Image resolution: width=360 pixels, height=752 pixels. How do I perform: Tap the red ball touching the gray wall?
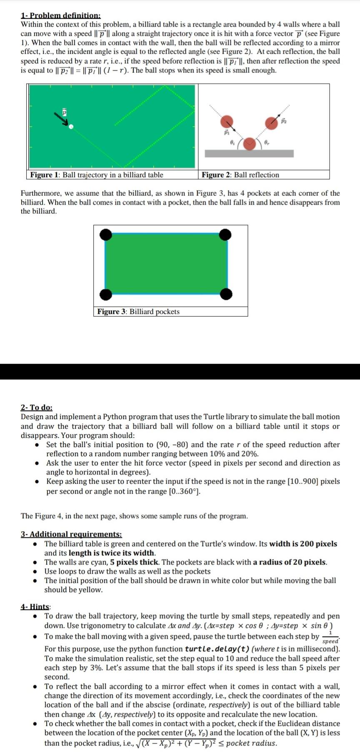tap(250, 144)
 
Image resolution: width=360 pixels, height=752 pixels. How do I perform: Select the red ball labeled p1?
tap(227, 122)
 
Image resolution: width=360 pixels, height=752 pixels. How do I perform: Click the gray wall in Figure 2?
tap(249, 153)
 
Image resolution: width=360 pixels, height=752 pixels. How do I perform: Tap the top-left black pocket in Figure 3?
tap(106, 235)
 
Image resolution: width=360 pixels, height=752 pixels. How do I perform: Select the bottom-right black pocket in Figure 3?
tap(226, 295)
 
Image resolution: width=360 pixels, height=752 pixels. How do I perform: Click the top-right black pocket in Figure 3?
tap(225, 235)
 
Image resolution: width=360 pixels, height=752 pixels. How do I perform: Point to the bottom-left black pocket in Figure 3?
tap(106, 295)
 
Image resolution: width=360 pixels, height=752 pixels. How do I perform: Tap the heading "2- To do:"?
tap(37, 407)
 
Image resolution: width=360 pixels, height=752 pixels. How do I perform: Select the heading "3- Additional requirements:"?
tap(71, 534)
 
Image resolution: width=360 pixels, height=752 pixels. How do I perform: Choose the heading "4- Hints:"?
tap(35, 606)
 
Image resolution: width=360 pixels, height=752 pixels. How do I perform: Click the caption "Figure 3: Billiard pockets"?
tap(138, 312)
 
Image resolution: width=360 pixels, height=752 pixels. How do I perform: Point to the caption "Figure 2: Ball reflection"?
tap(240, 175)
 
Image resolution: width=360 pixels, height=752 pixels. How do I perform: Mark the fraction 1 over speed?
tap(330, 637)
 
